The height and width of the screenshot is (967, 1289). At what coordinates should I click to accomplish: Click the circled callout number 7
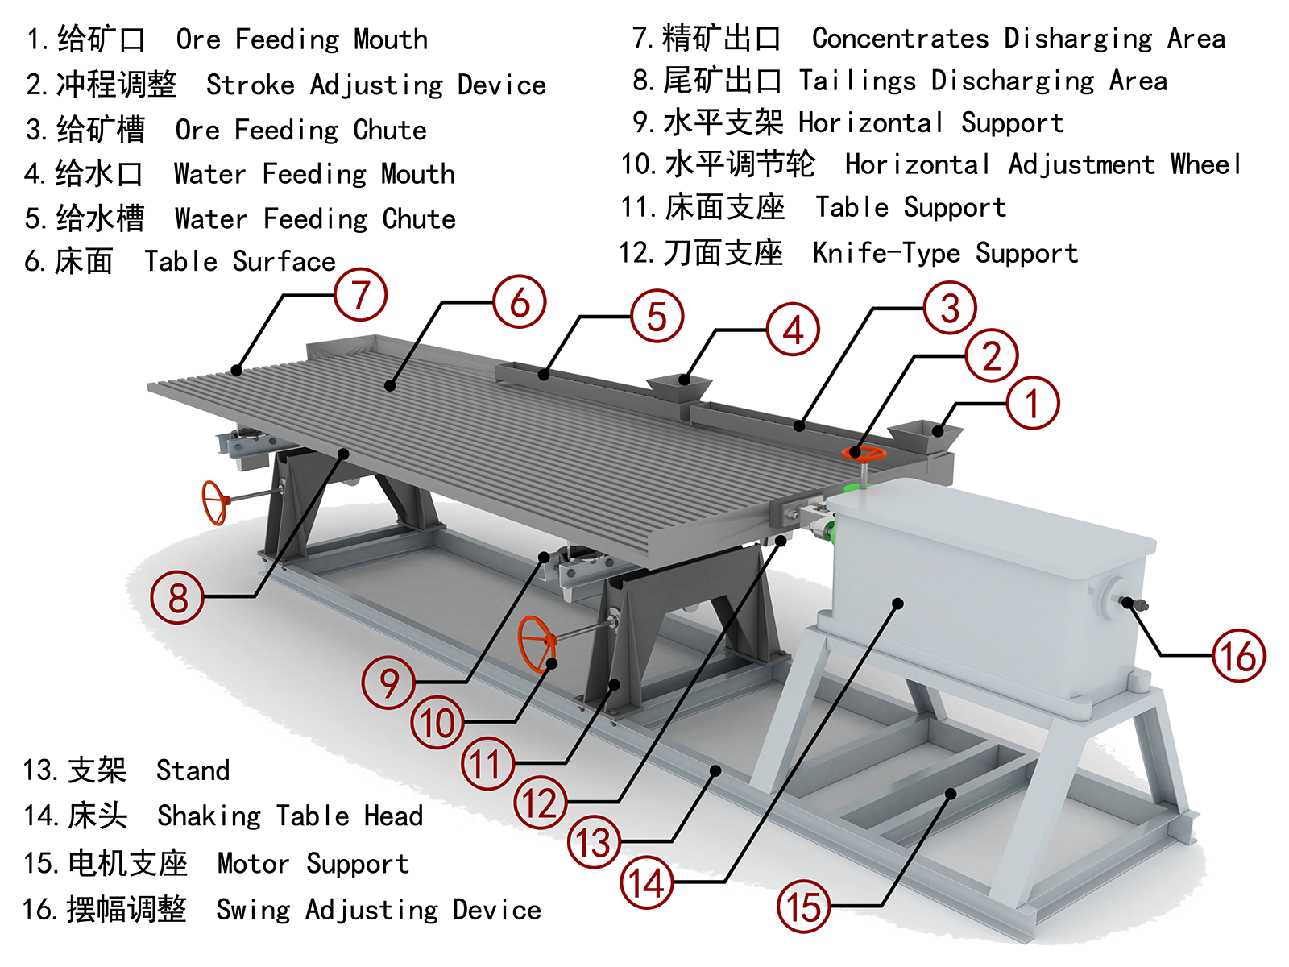tap(361, 295)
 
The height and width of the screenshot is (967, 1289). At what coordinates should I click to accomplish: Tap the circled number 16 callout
tap(1238, 655)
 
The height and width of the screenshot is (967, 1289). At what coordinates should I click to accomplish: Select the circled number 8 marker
tap(177, 597)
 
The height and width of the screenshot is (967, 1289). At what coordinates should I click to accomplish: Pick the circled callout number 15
tap(803, 907)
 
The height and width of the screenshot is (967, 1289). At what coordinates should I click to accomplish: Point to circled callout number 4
tap(793, 330)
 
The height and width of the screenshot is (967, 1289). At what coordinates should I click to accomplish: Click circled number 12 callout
tap(541, 802)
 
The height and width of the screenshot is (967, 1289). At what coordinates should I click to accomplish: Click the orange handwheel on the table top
tap(864, 454)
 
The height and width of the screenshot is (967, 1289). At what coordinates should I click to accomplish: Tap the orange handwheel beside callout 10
tap(537, 644)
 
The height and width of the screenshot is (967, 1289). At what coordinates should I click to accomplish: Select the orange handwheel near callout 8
tap(214, 503)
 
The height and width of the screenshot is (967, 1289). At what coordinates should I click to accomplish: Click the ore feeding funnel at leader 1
tap(924, 438)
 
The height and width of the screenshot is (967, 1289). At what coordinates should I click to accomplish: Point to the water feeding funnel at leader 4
tap(680, 391)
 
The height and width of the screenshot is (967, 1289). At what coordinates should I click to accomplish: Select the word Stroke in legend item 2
tap(251, 85)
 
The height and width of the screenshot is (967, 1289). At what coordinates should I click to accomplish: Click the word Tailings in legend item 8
tap(857, 81)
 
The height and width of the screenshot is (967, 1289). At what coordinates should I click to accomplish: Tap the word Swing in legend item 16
tap(254, 910)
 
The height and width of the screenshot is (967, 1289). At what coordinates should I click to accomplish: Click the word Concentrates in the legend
tap(901, 39)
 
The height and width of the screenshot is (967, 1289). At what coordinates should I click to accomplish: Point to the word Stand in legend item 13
tap(193, 770)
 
